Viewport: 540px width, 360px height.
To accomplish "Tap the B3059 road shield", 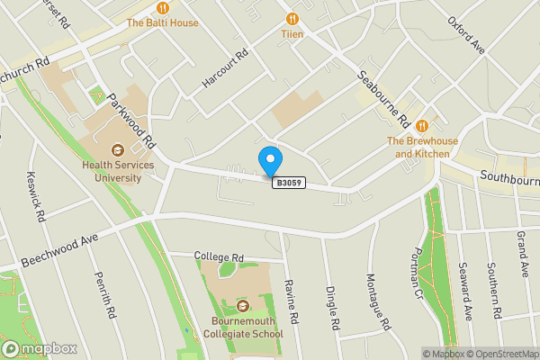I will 289,183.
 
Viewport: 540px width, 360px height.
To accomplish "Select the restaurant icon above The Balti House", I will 162,6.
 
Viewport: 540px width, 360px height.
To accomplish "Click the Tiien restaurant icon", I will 292,18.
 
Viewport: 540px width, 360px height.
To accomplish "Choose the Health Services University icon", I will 117,150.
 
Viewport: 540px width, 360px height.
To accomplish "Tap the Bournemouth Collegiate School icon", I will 241,307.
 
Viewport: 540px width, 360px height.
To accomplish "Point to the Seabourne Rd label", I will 384,99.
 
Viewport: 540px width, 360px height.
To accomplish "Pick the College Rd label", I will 220,256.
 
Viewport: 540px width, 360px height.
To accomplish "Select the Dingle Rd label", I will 332,307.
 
